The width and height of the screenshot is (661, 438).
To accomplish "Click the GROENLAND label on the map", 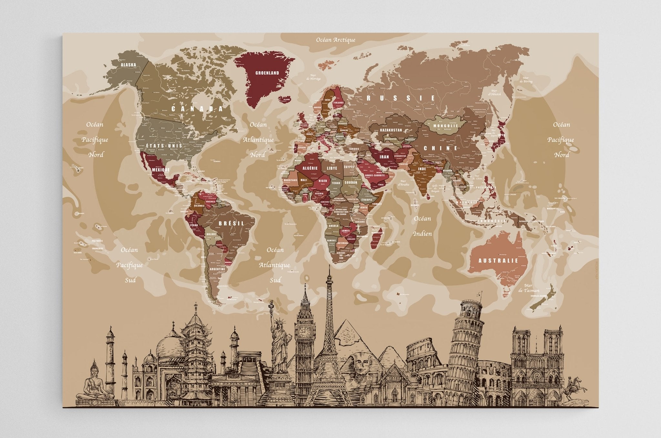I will coord(267,73).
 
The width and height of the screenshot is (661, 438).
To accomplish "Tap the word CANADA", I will coord(197,109).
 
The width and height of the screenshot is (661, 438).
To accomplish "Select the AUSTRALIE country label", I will coord(498,260).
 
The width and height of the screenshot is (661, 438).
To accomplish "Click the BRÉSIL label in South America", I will coord(231,223).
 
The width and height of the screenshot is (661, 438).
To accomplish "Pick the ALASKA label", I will coord(128,65).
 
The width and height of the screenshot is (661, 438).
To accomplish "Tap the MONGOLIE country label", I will coord(445,126).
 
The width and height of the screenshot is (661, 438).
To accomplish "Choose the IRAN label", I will coord(384,157).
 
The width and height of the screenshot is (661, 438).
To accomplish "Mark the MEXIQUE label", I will coord(160,169).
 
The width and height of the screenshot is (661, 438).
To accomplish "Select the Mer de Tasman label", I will coord(528,288).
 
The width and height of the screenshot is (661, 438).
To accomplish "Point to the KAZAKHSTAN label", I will coord(391,130).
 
